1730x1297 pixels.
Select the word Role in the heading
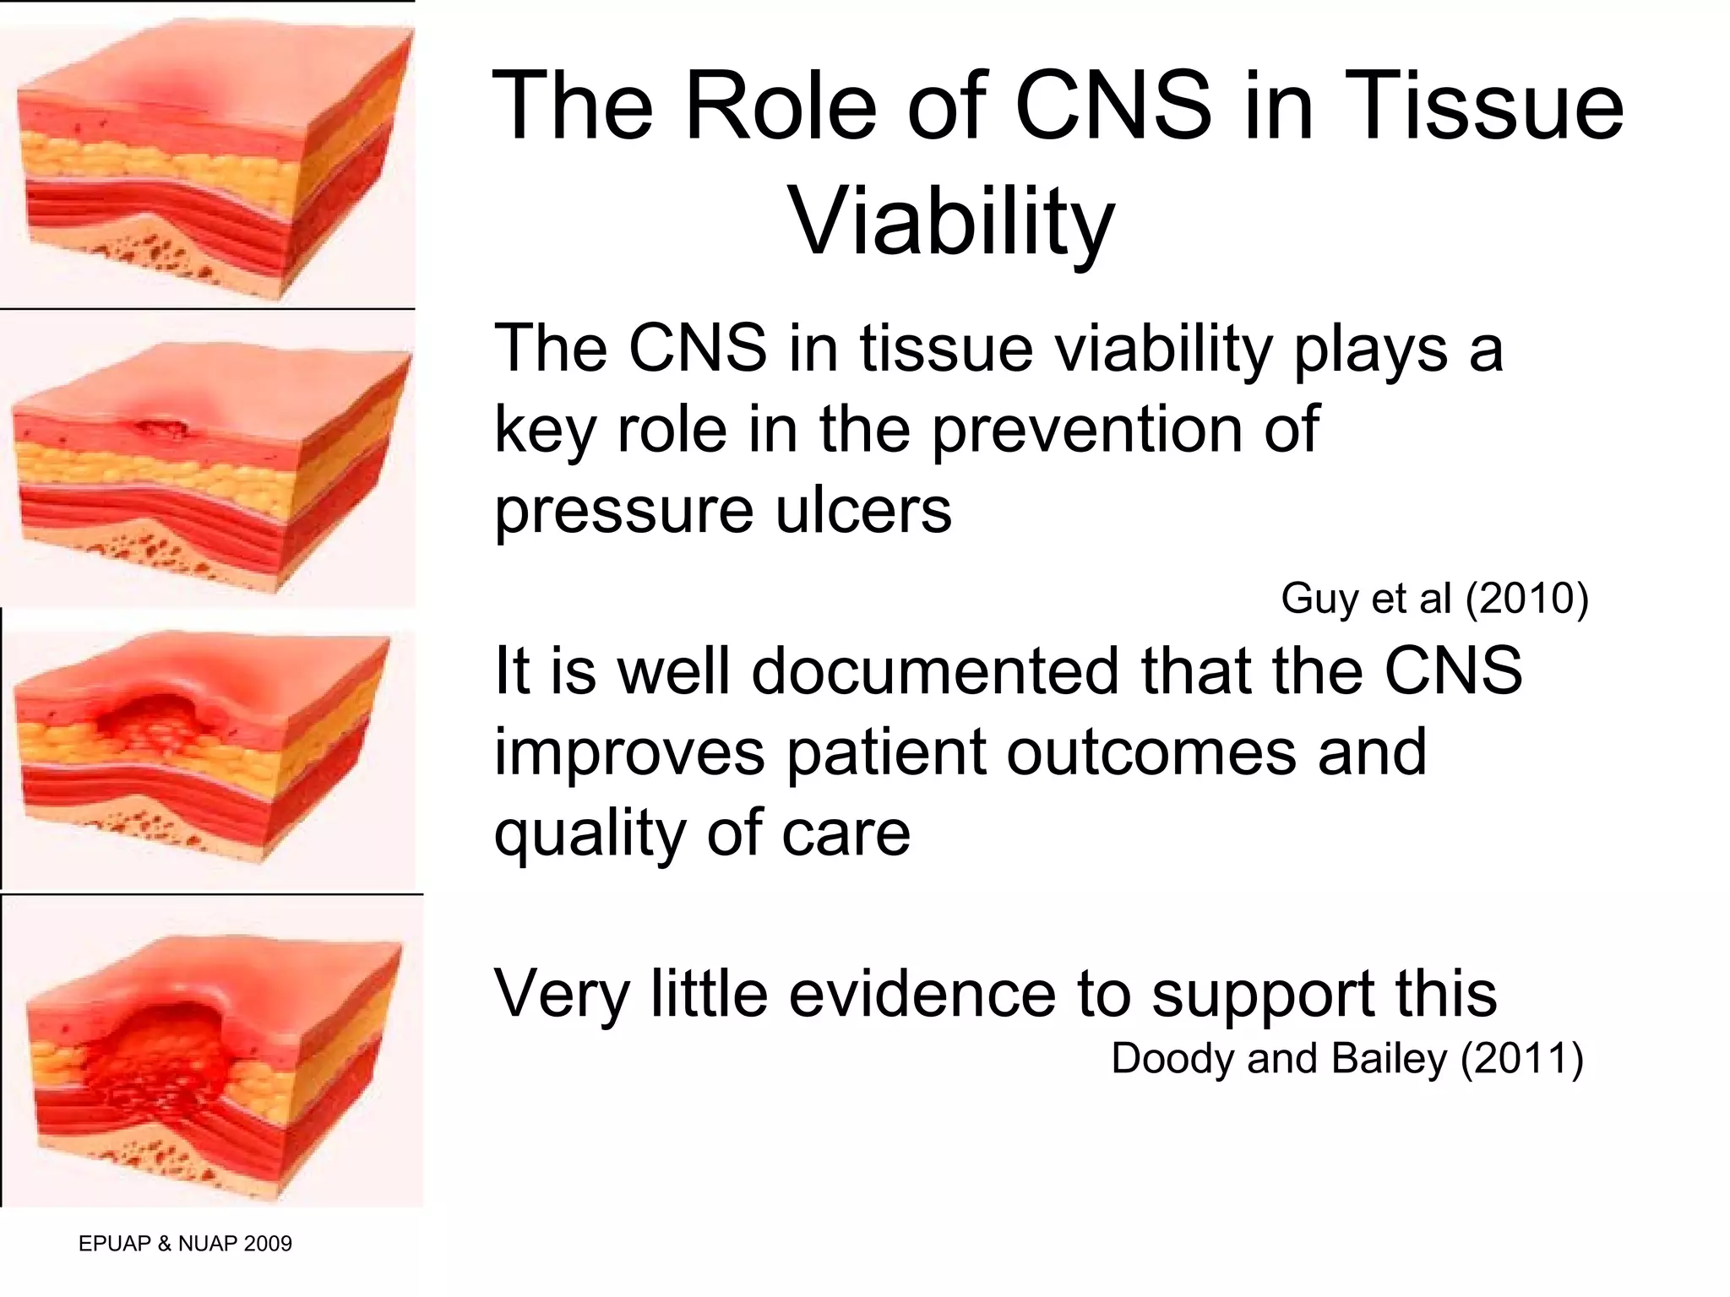click(x=782, y=107)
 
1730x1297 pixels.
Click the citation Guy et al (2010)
click(x=1434, y=599)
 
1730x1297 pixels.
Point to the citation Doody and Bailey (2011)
click(x=1346, y=1059)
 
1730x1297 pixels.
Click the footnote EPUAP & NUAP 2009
click(x=185, y=1243)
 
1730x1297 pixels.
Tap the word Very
click(x=562, y=995)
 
